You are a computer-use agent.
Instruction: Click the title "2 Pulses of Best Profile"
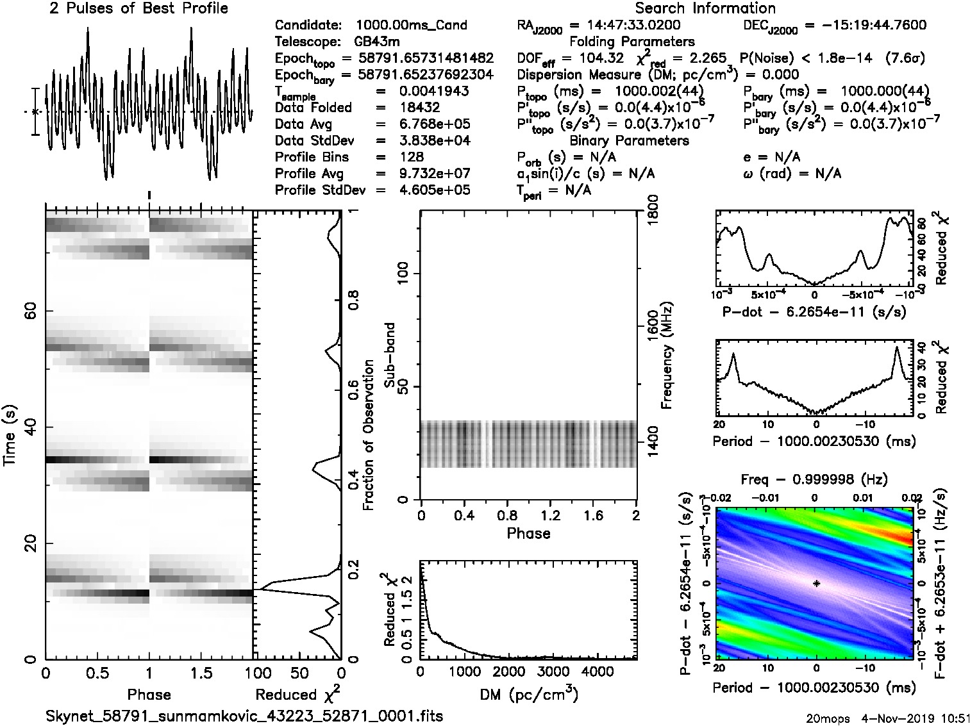(138, 8)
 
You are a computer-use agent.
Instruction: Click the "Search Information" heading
(705, 8)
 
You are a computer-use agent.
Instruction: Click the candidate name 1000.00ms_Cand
(411, 26)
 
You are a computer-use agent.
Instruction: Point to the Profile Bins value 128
(411, 157)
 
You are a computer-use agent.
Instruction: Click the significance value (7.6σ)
(904, 58)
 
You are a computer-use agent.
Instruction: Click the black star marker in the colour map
(816, 583)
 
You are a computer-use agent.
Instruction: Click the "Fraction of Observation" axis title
(369, 435)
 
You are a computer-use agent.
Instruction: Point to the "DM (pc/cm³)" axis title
(528, 694)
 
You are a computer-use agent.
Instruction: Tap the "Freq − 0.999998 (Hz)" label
(814, 479)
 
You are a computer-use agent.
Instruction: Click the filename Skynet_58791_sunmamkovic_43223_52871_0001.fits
(244, 716)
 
